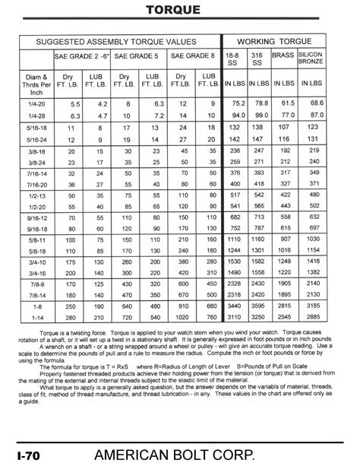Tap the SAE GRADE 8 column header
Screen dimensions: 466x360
192,55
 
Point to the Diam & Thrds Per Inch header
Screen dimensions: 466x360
34,83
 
